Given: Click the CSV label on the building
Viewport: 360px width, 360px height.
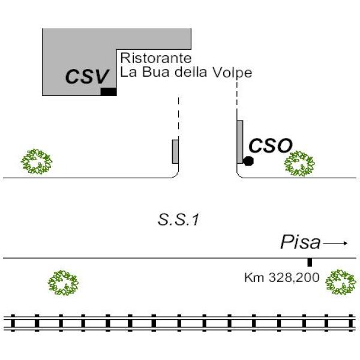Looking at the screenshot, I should pos(88,77).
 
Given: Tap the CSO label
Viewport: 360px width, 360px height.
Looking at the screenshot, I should pos(271,145).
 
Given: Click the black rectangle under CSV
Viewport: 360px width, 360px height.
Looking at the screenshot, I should pos(108,92).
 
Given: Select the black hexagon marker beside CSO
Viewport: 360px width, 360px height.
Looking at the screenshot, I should pos(248,161).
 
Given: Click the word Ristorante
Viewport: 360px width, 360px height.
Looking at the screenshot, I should pos(156,58).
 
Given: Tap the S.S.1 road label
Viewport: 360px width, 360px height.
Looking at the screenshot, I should pos(178,220).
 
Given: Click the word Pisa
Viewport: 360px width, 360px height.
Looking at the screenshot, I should pos(299,243).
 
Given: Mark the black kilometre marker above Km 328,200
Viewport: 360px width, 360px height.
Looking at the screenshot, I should pos(310,262).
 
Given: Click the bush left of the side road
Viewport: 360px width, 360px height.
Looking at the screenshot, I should pos(37,161).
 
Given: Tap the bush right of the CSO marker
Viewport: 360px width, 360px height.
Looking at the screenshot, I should pos(299,163).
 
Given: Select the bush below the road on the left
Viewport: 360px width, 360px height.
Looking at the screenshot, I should pos(63,283).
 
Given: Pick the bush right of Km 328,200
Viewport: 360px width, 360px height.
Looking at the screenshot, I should pos(341,283).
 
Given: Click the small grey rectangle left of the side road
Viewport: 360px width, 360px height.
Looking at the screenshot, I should pos(175,151).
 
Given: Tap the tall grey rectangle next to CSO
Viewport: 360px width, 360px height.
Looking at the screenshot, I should pos(239,142).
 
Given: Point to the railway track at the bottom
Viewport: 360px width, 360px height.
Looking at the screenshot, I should pos(180,323).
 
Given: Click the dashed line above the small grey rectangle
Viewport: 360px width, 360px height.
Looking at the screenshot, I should pos(178,117).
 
